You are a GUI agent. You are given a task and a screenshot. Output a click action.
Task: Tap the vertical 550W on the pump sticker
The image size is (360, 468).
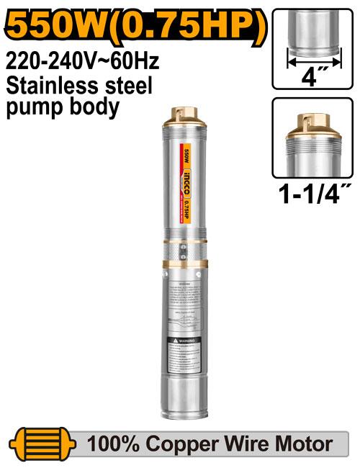tap(186, 155)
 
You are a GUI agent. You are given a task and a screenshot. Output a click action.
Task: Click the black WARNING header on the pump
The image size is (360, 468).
tap(180, 339)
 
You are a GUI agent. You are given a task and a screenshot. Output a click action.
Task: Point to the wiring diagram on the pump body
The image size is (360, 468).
tap(180, 318)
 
